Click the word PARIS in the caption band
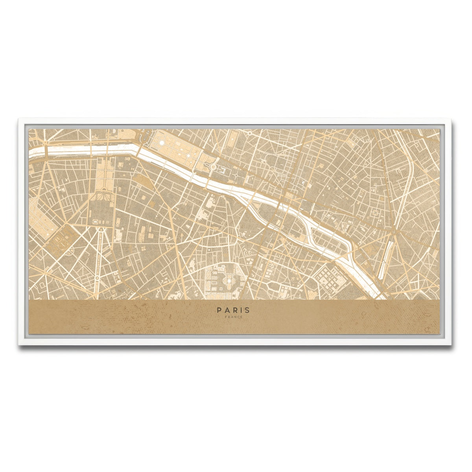tap(233, 310)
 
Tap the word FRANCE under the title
tap(233, 317)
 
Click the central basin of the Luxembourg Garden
tap(227, 282)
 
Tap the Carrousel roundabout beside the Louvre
tap(213, 167)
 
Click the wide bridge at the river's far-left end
tap(46, 151)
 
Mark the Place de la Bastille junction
tap(393, 232)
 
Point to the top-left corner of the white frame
tap(19, 117)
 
